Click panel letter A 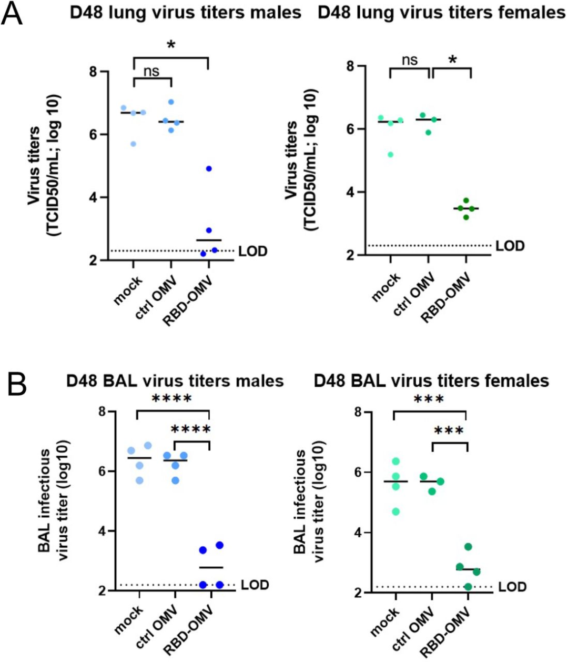coord(13,15)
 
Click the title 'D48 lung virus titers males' coord(186,13)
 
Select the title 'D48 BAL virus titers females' coord(431,380)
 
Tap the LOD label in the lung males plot coord(253,252)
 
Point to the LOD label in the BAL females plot coord(512,587)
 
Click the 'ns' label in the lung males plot coord(151,71)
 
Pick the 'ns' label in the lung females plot coord(410,60)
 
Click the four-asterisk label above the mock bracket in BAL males coord(172,398)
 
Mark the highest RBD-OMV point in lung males coord(209,168)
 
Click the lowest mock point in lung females coord(390,154)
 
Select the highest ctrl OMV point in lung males coord(171,102)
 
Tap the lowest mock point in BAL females coord(395,511)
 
